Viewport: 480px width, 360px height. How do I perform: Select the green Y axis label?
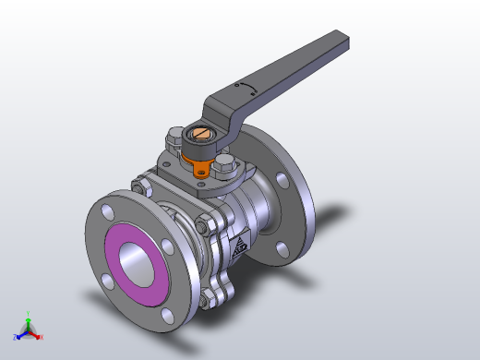(x=29, y=313)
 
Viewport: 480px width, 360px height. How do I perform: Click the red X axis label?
(x=42, y=337)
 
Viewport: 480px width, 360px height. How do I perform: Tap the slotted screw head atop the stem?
(x=203, y=138)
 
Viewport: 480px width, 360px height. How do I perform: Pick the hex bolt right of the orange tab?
(x=225, y=166)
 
